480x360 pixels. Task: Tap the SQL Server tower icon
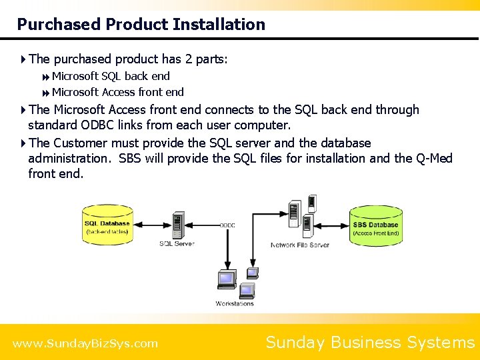177,225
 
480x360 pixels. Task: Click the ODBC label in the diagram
227,225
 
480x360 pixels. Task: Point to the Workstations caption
235,304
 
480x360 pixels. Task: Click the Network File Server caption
299,245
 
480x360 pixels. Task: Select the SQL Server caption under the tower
177,244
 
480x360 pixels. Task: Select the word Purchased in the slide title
58,25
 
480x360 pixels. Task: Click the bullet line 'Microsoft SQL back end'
111,76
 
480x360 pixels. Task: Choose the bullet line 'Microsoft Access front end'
117,92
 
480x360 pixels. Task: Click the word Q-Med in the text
433,158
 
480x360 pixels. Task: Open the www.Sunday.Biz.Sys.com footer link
85,344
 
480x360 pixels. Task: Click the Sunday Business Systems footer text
370,343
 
